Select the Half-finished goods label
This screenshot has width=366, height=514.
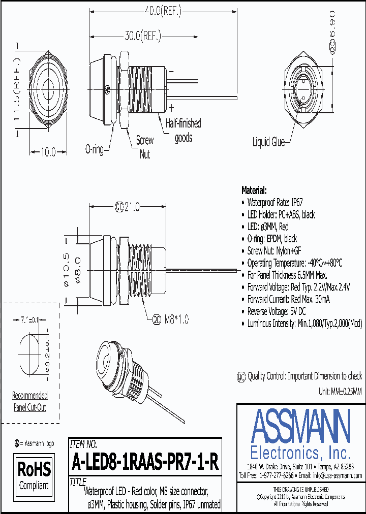click(x=183, y=131)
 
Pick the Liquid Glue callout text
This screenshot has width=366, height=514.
click(x=268, y=143)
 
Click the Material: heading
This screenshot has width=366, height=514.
click(x=254, y=190)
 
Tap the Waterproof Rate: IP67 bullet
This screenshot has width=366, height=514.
click(x=274, y=202)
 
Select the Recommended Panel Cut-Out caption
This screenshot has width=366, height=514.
click(x=30, y=401)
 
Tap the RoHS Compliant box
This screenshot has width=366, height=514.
click(x=34, y=474)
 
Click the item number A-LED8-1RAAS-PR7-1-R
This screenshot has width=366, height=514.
click(x=145, y=462)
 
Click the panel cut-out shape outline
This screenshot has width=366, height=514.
click(x=30, y=351)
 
